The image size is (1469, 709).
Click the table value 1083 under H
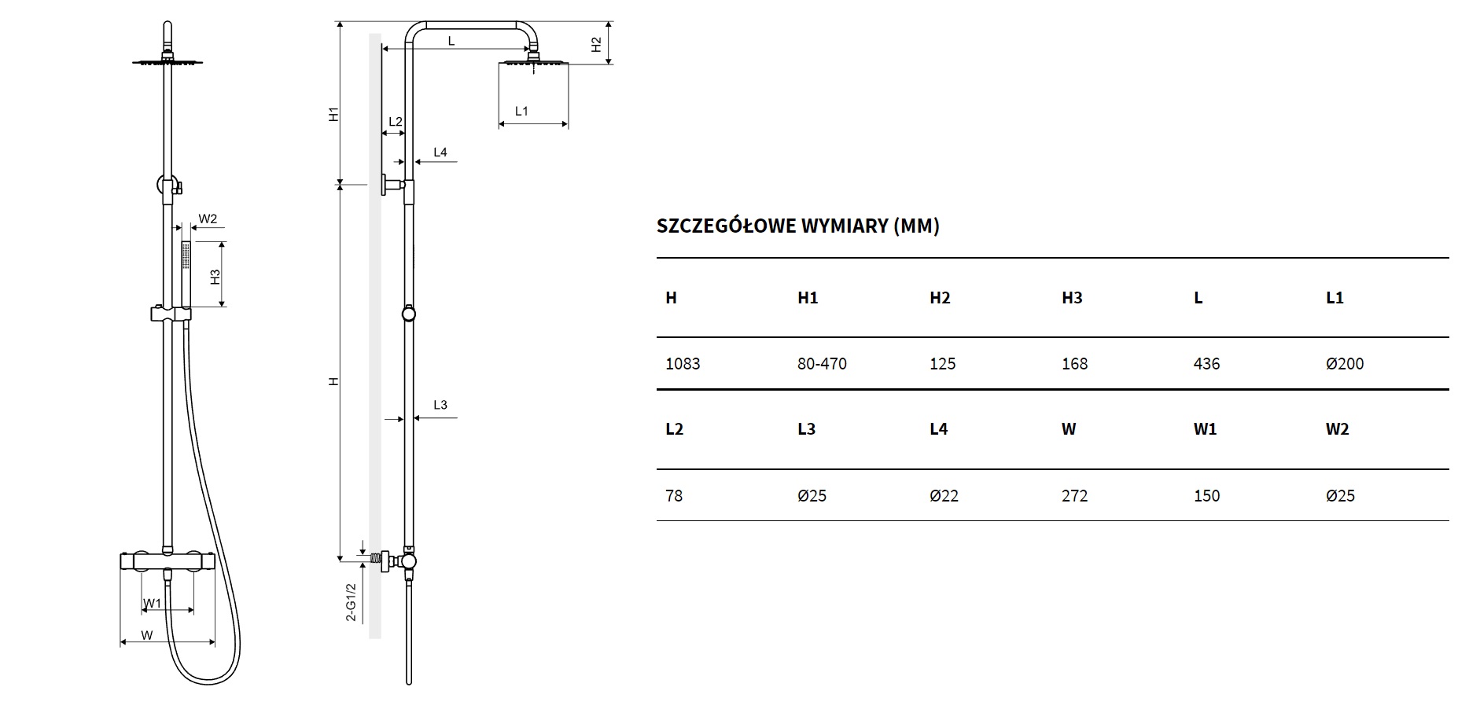pyautogui.click(x=682, y=364)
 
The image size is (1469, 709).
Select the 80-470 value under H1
pyautogui.click(x=822, y=364)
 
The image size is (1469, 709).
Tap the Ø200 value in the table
pyautogui.click(x=1344, y=364)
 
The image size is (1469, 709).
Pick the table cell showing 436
pyautogui.click(x=1206, y=364)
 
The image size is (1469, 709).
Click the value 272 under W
pyautogui.click(x=1074, y=496)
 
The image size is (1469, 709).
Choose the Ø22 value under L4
pyautogui.click(x=944, y=496)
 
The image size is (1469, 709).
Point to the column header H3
pyautogui.click(x=1072, y=298)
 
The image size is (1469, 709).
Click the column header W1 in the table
pyautogui.click(x=1205, y=429)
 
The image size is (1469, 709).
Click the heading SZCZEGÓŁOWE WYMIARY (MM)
pyautogui.click(x=797, y=226)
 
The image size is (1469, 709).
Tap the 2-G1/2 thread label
pyautogui.click(x=352, y=602)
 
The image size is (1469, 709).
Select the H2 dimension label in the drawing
pyautogui.click(x=596, y=44)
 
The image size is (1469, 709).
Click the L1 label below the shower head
pyautogui.click(x=521, y=112)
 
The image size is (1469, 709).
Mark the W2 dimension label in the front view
pyautogui.click(x=208, y=219)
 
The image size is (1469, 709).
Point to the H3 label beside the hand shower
pyautogui.click(x=215, y=276)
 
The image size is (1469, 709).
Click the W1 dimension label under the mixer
pyautogui.click(x=152, y=603)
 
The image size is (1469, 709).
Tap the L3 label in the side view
pyautogui.click(x=440, y=405)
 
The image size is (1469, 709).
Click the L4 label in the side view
pyautogui.click(x=440, y=152)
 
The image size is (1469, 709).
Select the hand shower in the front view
pyautogui.click(x=186, y=271)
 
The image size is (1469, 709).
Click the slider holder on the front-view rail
pyautogui.click(x=170, y=314)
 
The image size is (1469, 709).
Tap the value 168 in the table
pyautogui.click(x=1074, y=364)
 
